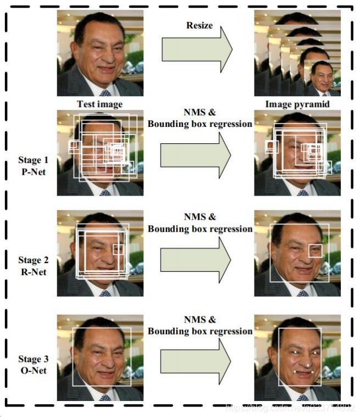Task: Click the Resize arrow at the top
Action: click(x=196, y=50)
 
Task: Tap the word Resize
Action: click(x=200, y=25)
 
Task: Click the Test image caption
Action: click(x=99, y=104)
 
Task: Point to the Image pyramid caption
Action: click(x=297, y=104)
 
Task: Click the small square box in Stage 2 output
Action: click(x=315, y=250)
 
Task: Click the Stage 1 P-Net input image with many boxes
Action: click(x=100, y=153)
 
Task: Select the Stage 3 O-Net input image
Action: click(x=100, y=358)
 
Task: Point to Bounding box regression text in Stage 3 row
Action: click(x=200, y=331)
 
